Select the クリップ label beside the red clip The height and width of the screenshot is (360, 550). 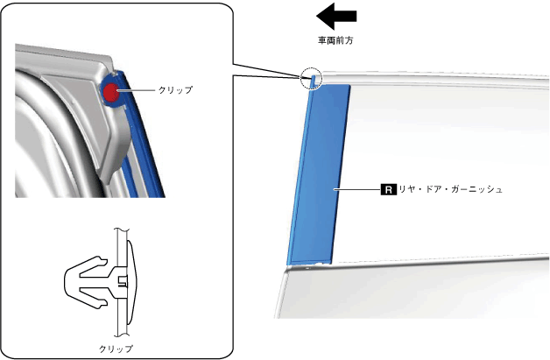click(175, 90)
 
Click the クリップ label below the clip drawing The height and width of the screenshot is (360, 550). click(116, 349)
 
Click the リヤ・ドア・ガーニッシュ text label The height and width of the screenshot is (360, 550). click(448, 188)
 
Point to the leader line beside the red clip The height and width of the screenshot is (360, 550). click(137, 90)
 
